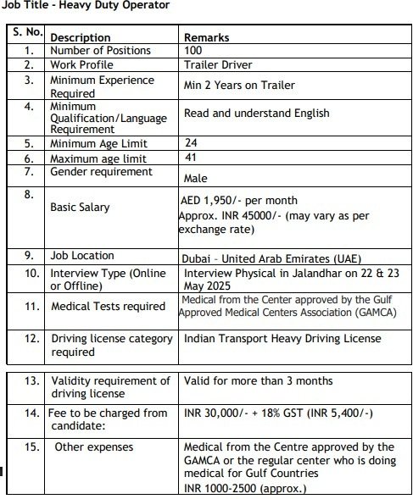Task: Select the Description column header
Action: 80,37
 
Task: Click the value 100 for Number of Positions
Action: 193,50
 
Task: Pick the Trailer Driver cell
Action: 217,64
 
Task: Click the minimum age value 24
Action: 191,143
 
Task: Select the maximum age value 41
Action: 191,158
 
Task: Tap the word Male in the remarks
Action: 197,178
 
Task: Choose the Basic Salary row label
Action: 80,207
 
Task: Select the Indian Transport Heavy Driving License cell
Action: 282,339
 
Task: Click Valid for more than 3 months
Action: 258,380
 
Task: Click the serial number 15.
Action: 31,446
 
